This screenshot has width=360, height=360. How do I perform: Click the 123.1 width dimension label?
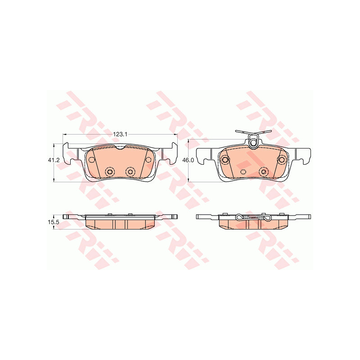click(x=120, y=134)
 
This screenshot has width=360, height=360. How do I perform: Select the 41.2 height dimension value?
click(x=54, y=160)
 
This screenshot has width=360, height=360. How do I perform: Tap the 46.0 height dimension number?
click(x=188, y=160)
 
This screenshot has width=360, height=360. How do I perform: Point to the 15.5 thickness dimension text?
click(x=54, y=222)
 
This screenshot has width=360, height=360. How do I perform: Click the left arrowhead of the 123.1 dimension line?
click(x=64, y=134)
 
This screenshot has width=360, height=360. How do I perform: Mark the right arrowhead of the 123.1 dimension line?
click(x=175, y=134)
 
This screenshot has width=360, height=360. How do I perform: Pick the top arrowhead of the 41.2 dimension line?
click(x=54, y=145)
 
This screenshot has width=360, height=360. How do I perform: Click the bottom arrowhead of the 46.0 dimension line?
click(x=188, y=180)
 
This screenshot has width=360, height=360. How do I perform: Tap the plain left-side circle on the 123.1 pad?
click(x=92, y=159)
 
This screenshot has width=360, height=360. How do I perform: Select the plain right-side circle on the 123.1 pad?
click(x=148, y=159)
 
